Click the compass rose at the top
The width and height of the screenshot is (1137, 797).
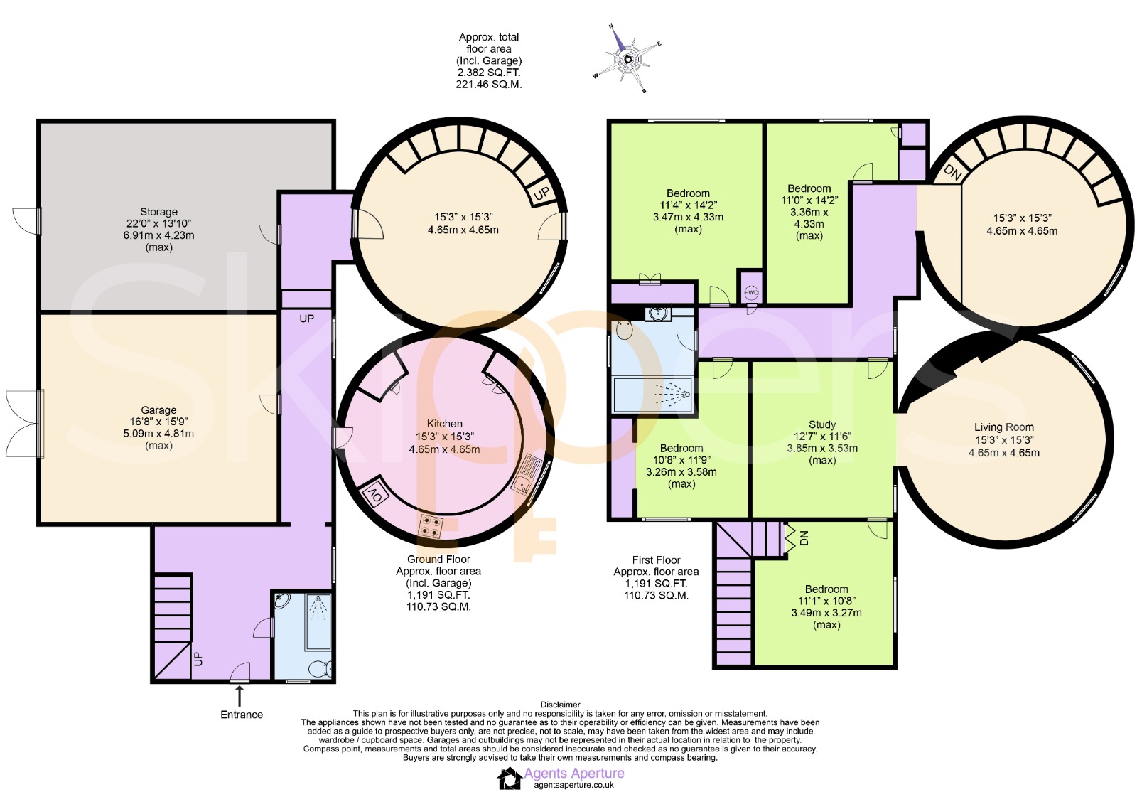coord(627,60)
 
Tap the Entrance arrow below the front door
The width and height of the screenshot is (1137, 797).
coord(239,694)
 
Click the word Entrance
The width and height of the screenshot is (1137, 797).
coord(242,715)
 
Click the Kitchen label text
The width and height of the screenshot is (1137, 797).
coord(445,423)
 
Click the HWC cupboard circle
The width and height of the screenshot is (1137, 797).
coord(751,293)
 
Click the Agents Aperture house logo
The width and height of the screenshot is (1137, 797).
coord(509,779)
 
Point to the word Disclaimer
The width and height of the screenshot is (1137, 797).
coord(560,705)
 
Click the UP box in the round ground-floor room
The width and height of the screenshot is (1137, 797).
coord(542,192)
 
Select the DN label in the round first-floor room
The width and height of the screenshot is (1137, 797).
coord(952,173)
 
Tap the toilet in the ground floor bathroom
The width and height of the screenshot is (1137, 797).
coord(320,668)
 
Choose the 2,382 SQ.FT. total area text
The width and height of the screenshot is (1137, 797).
coord(489,73)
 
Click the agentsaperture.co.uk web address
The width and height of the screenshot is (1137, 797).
coord(573,785)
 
